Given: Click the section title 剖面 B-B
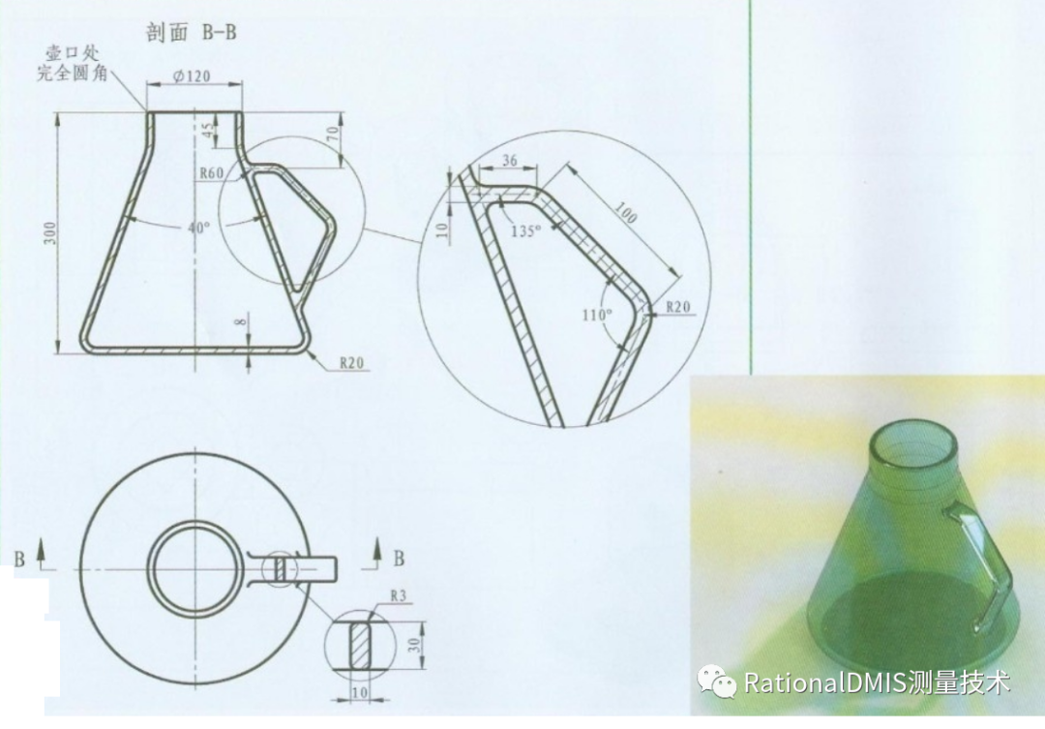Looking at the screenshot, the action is pyautogui.click(x=192, y=32).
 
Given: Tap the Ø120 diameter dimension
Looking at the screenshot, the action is pyautogui.click(x=192, y=76).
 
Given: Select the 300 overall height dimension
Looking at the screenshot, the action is pyautogui.click(x=50, y=232).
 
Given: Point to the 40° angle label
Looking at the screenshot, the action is pyautogui.click(x=198, y=228).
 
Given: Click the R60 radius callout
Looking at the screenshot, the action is pyautogui.click(x=211, y=173).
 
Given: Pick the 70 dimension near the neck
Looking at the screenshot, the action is pyautogui.click(x=333, y=134).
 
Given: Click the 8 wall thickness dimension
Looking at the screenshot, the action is pyautogui.click(x=241, y=321).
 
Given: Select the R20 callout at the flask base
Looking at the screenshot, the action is pyautogui.click(x=351, y=363).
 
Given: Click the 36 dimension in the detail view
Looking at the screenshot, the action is pyautogui.click(x=509, y=161).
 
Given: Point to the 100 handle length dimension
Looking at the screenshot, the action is pyautogui.click(x=624, y=213).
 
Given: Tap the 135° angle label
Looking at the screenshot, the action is pyautogui.click(x=525, y=230).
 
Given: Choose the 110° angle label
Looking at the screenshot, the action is pyautogui.click(x=597, y=314).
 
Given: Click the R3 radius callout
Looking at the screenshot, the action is pyautogui.click(x=398, y=595).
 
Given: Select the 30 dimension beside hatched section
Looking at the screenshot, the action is pyautogui.click(x=414, y=645).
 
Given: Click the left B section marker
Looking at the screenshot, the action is pyautogui.click(x=19, y=559).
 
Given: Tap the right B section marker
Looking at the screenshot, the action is pyautogui.click(x=399, y=559).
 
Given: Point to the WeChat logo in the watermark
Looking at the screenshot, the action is pyautogui.click(x=716, y=682).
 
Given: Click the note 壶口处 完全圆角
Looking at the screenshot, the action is pyautogui.click(x=72, y=63).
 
